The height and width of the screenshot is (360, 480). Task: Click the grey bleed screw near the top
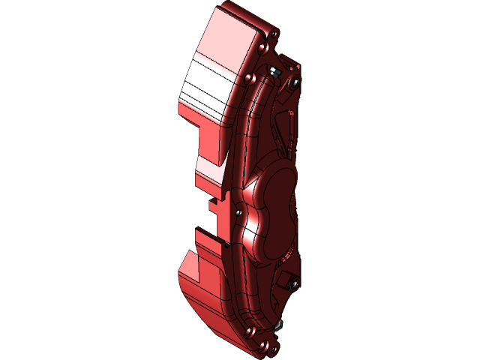[274, 72]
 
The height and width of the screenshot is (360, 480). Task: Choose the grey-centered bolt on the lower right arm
[295, 283]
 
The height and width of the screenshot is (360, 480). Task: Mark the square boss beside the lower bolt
[284, 279]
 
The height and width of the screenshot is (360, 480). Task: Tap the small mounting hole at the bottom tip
[264, 346]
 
